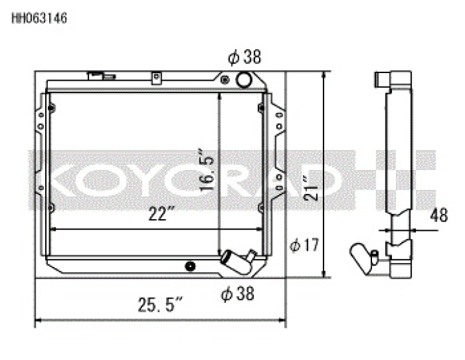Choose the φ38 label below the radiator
pyautogui.click(x=237, y=294)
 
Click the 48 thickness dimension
pyautogui.click(x=439, y=215)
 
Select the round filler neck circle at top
pyautogui.click(x=244, y=79)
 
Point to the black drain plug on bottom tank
pyautogui.click(x=190, y=266)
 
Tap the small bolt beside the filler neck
pyautogui.click(x=224, y=80)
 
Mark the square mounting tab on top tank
pyautogui.click(x=155, y=78)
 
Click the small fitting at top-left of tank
pyautogui.click(x=97, y=76)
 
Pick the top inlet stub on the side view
pyautogui.click(x=383, y=81)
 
